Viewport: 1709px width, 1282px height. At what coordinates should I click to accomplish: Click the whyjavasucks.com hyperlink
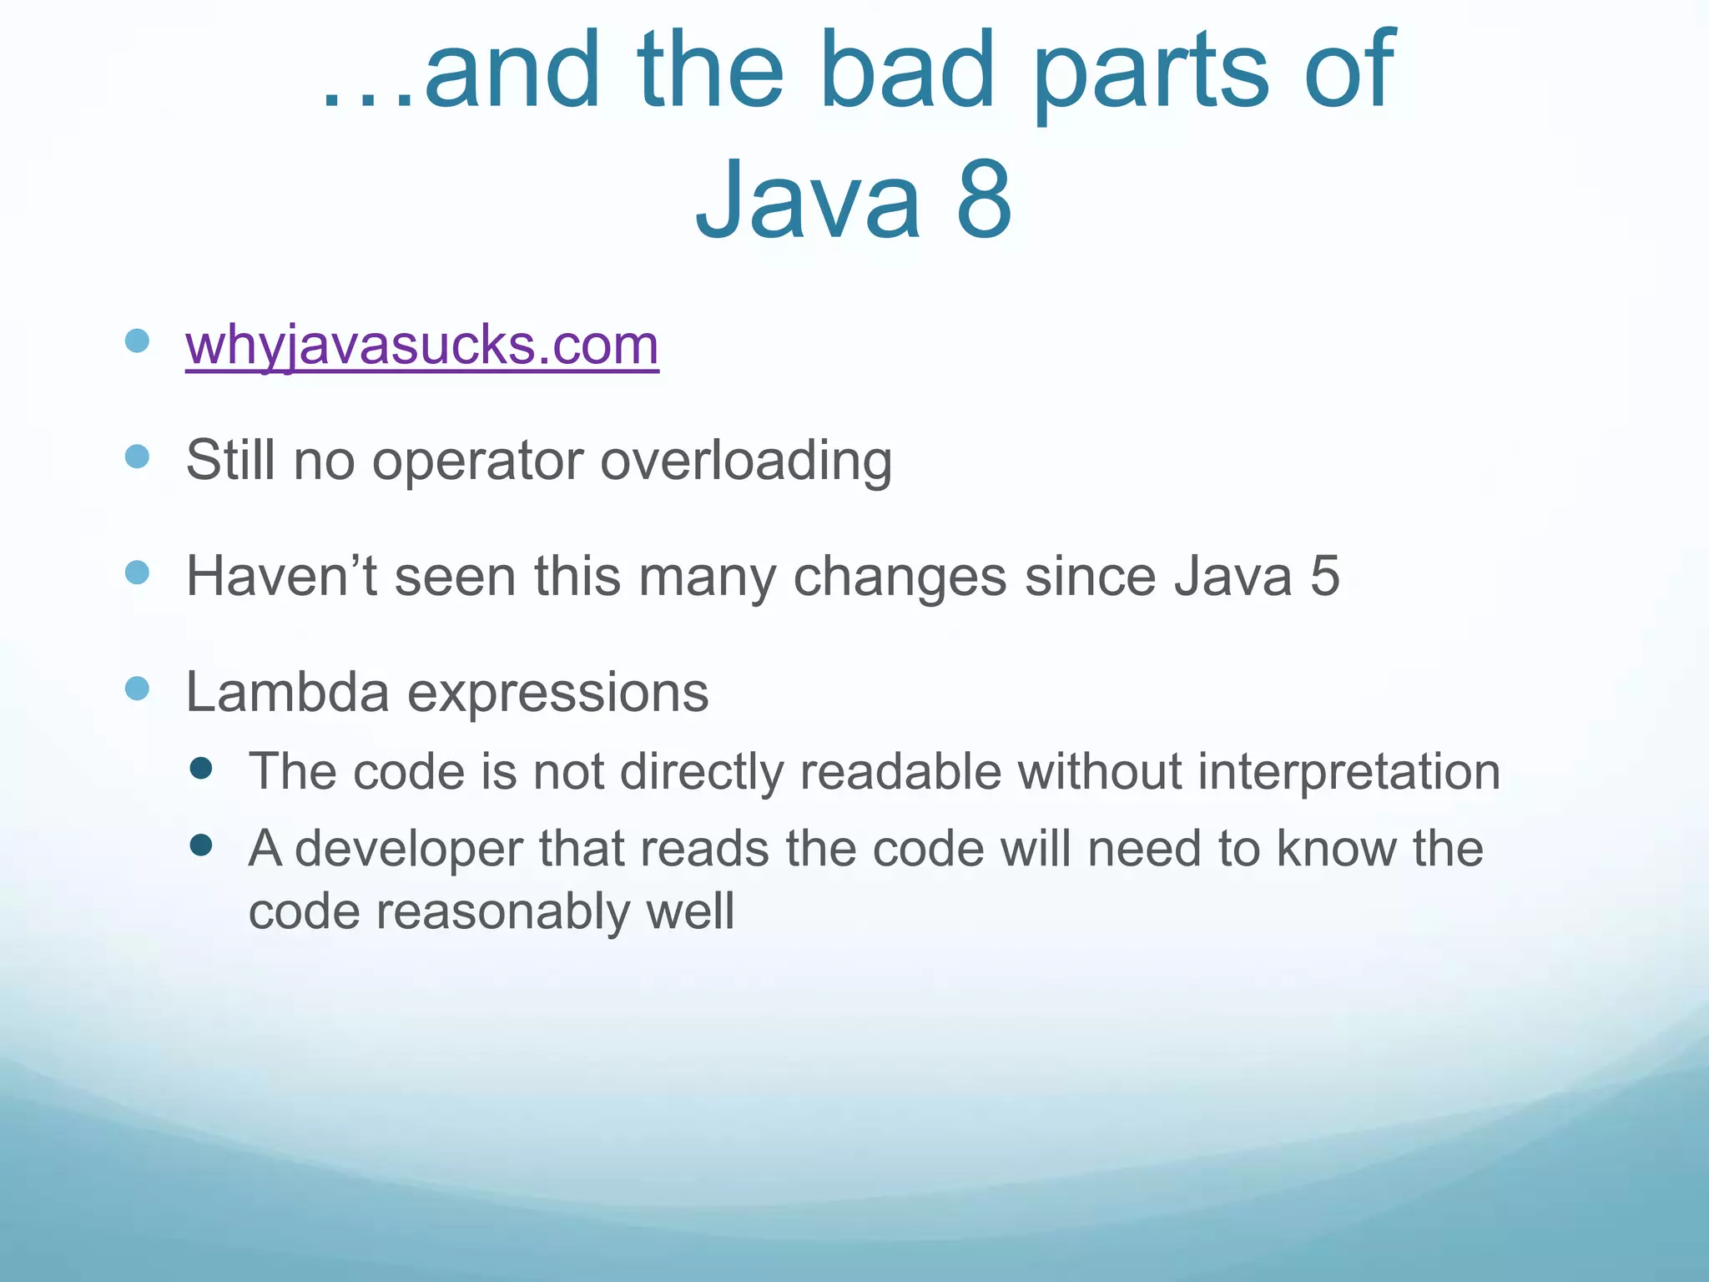tap(422, 345)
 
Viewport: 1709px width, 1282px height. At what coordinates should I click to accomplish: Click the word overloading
tap(746, 461)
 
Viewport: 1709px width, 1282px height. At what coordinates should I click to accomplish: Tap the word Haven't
tap(281, 576)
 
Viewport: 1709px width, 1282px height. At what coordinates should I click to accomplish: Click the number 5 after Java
tap(1324, 576)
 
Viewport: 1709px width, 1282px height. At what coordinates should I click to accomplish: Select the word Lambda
tap(287, 692)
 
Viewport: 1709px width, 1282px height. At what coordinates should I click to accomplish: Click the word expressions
tap(557, 694)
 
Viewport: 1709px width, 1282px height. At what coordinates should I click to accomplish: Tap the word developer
tap(408, 850)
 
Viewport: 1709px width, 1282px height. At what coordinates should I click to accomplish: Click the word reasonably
tap(502, 911)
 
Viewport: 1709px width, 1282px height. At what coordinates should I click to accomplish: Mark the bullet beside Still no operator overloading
tap(137, 457)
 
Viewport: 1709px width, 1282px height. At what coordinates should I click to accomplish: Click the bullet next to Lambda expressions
tap(137, 689)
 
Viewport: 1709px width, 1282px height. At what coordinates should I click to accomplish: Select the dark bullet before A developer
tap(201, 845)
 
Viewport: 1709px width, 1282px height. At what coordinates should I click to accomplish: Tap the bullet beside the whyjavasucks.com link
tap(137, 341)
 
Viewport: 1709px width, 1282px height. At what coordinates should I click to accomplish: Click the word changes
tap(900, 576)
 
